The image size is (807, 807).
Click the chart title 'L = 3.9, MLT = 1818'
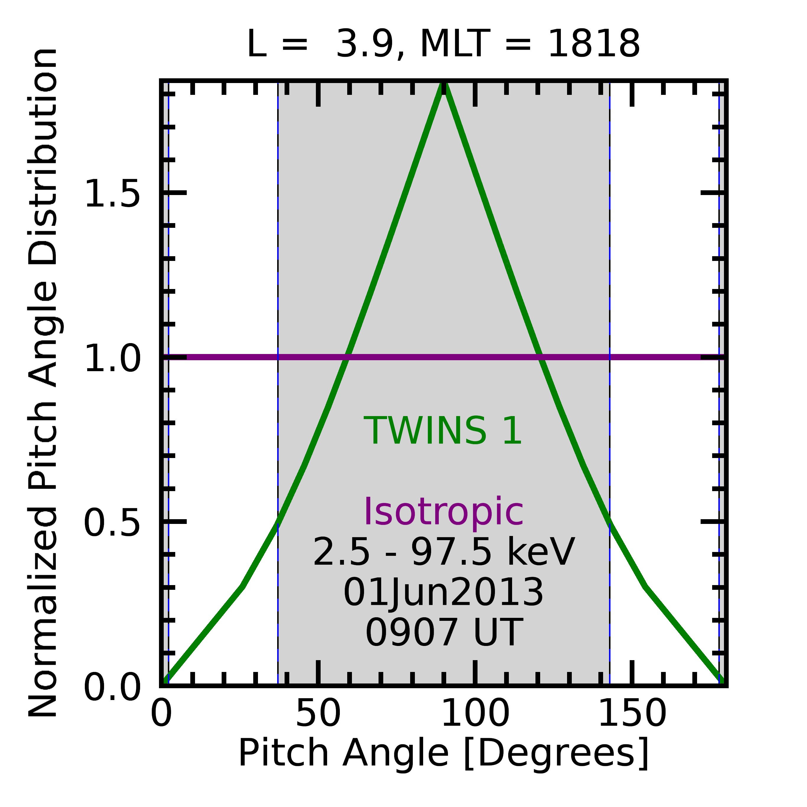tap(443, 44)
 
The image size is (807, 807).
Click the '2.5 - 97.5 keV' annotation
tap(443, 552)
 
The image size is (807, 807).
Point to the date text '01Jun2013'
tap(443, 593)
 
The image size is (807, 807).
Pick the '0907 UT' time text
tap(443, 633)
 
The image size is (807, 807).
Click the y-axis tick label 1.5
tap(112, 193)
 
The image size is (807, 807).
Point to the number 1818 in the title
tap(594, 44)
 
